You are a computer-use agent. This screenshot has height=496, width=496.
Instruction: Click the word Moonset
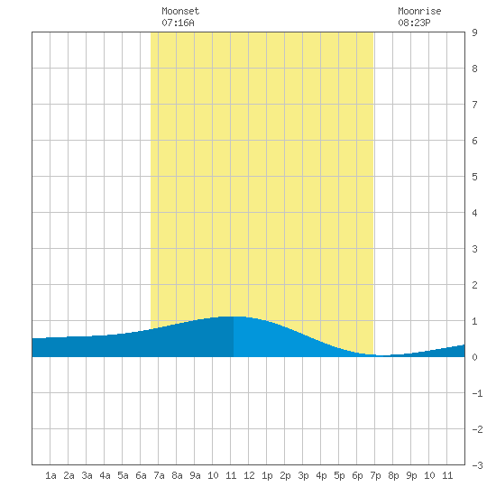[180, 11]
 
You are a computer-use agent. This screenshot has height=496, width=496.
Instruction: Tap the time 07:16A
[178, 23]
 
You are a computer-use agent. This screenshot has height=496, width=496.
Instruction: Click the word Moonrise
[419, 11]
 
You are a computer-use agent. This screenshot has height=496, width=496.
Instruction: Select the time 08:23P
[414, 23]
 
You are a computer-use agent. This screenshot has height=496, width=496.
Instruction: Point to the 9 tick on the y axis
[474, 32]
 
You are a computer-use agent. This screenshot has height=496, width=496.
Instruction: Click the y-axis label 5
[474, 177]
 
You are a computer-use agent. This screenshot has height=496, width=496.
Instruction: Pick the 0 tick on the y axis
[474, 357]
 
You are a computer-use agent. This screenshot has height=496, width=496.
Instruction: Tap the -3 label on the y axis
[477, 465]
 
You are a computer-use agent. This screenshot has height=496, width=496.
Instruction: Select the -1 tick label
[477, 393]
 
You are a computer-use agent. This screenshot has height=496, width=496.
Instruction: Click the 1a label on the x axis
[51, 475]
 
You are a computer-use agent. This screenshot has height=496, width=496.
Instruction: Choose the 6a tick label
[141, 475]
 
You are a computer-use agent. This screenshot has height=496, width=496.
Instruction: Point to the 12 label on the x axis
[249, 475]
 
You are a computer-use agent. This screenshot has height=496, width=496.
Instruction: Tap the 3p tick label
[303, 475]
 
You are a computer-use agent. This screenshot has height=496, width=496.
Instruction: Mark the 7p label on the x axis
[375, 475]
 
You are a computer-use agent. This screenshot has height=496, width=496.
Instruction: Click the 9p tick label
[411, 475]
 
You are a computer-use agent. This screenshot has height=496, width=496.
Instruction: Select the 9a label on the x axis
[195, 475]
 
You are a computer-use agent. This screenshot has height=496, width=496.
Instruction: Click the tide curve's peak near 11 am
[234, 317]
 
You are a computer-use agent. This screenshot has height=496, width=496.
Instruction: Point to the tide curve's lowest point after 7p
[382, 356]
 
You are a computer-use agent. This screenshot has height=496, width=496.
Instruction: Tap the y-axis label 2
[474, 285]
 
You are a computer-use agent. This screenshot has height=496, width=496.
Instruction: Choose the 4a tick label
[105, 475]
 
